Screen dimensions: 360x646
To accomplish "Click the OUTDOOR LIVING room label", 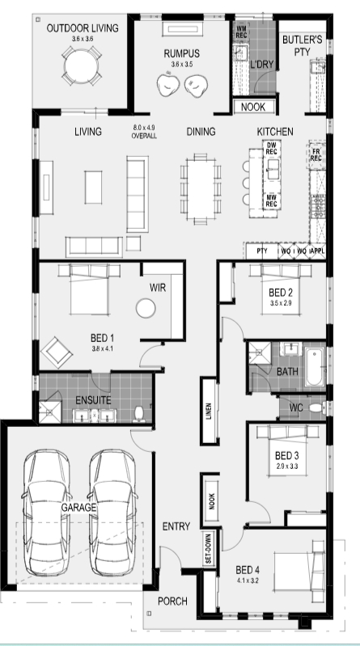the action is pos(83,28).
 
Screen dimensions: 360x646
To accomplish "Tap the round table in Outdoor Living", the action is pos(82,65).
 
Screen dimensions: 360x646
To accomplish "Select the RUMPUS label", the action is pos(182,53).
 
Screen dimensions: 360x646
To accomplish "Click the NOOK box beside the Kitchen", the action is pos(253,107).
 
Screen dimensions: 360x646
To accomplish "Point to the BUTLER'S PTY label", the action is pos(302,45).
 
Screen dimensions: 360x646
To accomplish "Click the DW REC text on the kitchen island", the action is pos(271,148).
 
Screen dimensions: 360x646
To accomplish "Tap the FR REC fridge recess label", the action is pos(316,155).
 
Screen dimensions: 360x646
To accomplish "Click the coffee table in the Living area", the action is pos(93,188).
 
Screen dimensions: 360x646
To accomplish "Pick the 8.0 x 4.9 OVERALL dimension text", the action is pos(144,133).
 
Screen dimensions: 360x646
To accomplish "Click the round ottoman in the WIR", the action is pos(146,308).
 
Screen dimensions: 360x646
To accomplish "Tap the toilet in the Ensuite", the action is pos(139,414).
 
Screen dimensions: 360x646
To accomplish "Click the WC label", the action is pos(296,407).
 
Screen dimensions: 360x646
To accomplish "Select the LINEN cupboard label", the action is pos(209,412).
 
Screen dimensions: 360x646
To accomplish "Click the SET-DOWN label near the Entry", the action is pos(208,548).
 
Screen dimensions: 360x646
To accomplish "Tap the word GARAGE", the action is pos(78,508).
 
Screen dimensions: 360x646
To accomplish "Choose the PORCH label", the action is pos(173,602).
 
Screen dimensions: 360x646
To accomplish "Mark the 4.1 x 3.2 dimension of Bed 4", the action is pos(248,580).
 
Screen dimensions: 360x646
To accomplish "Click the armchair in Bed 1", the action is pos(57,353).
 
